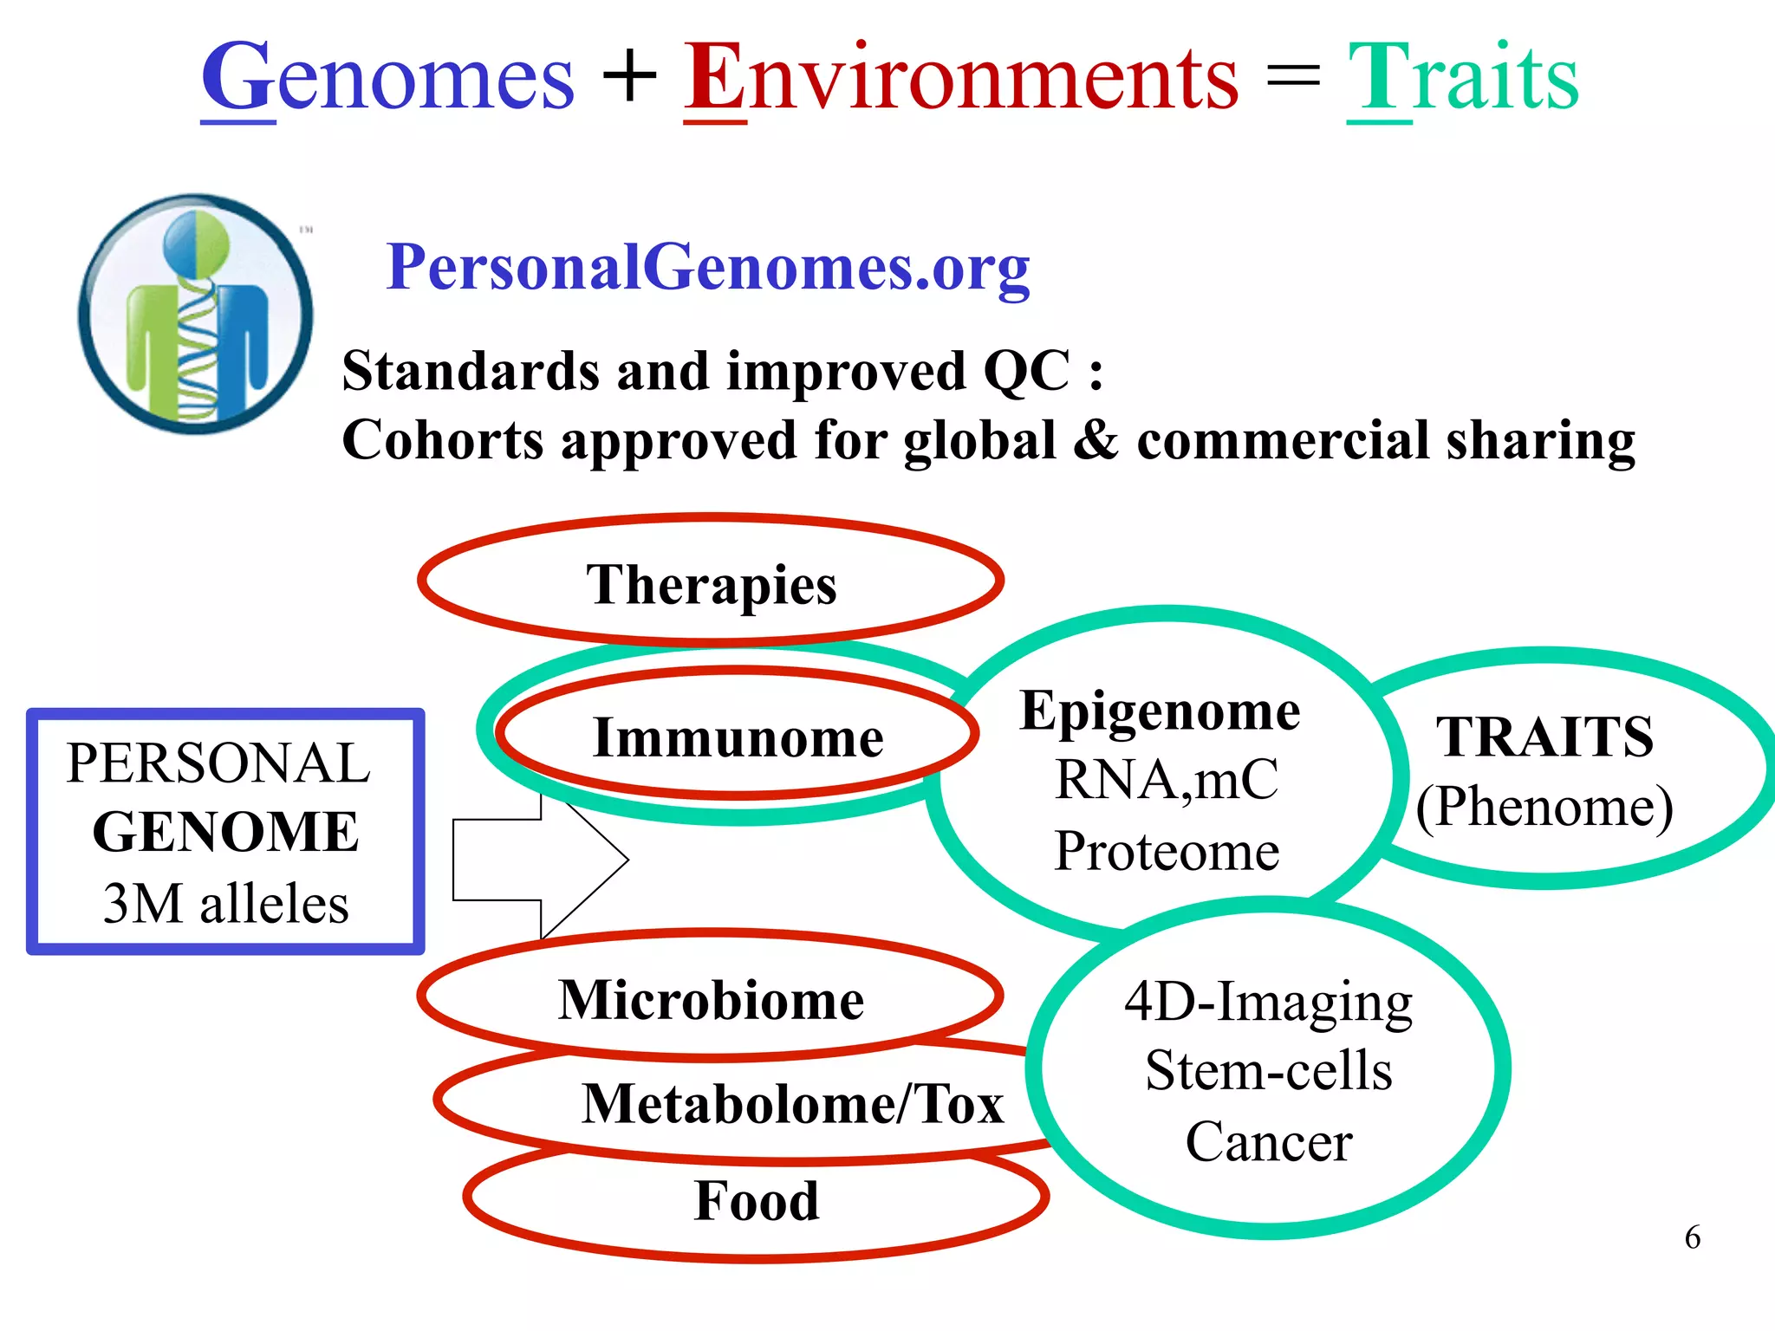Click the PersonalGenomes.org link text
[x=707, y=267]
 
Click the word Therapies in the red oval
[x=712, y=584]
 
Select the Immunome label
[x=738, y=737]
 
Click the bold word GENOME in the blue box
[x=225, y=832]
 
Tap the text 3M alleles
[x=225, y=904]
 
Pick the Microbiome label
[x=711, y=1000]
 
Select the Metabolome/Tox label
[x=792, y=1104]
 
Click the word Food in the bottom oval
[x=757, y=1201]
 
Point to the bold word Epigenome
[x=1160, y=712]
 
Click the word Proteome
[x=1167, y=851]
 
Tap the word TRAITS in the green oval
[x=1544, y=737]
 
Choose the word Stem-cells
[x=1269, y=1071]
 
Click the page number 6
[x=1692, y=1237]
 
